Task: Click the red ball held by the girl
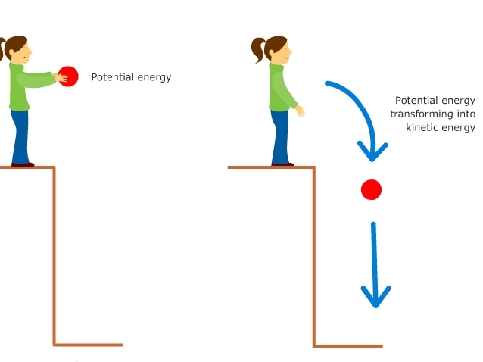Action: [x=68, y=76]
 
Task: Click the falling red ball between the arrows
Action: [x=371, y=190]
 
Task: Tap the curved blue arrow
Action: [x=356, y=106]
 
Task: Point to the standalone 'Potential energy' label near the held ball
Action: [x=131, y=77]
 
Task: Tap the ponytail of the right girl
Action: [x=258, y=51]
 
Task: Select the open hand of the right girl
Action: [x=301, y=111]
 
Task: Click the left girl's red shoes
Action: [x=23, y=164]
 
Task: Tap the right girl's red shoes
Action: [x=282, y=164]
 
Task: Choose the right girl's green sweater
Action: [x=279, y=89]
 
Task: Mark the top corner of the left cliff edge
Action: [x=55, y=167]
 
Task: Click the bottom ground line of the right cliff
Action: [x=348, y=346]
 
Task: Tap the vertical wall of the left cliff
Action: [x=55, y=257]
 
